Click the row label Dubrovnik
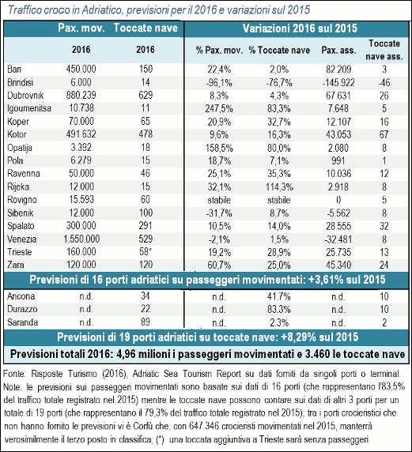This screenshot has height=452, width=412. pos(25,95)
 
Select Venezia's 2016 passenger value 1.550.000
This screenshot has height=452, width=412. pos(81,239)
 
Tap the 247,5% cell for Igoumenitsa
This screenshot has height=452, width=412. pos(219,108)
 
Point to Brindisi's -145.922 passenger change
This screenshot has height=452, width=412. pos(338,82)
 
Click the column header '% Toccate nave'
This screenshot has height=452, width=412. pos(279,50)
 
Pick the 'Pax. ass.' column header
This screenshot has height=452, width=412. pos(338,50)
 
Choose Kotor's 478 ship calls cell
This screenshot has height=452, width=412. pos(146,134)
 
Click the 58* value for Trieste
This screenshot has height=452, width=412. pos(146,251)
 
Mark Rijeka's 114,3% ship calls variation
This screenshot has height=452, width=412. pos(279,186)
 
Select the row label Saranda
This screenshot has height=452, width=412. pos(22,322)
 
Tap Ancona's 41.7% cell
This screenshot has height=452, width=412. pos(278,296)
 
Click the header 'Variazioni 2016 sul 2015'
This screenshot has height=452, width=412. pos(300,28)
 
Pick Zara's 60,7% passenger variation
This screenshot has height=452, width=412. pos(219,265)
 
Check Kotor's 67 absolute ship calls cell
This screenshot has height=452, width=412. pos(384,134)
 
